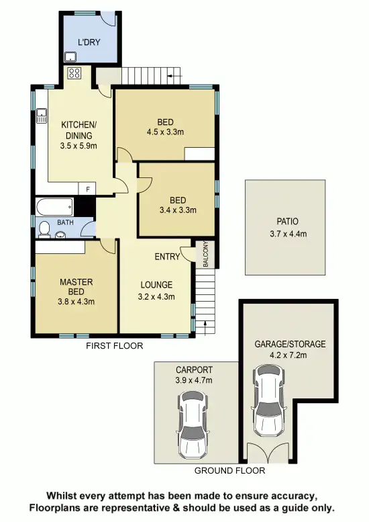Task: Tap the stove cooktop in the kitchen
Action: [x=74, y=73]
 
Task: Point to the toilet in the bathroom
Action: [x=44, y=230]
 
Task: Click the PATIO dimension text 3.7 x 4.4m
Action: [x=286, y=234]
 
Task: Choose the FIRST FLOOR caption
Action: [x=114, y=345]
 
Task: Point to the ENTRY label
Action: [x=167, y=257]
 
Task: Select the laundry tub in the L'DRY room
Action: [x=70, y=56]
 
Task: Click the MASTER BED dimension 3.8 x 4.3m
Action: [x=76, y=301]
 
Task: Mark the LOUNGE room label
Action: [x=156, y=284]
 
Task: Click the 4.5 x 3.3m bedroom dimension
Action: [x=165, y=132]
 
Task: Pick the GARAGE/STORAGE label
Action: [x=289, y=344]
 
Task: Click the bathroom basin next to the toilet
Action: [x=60, y=234]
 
